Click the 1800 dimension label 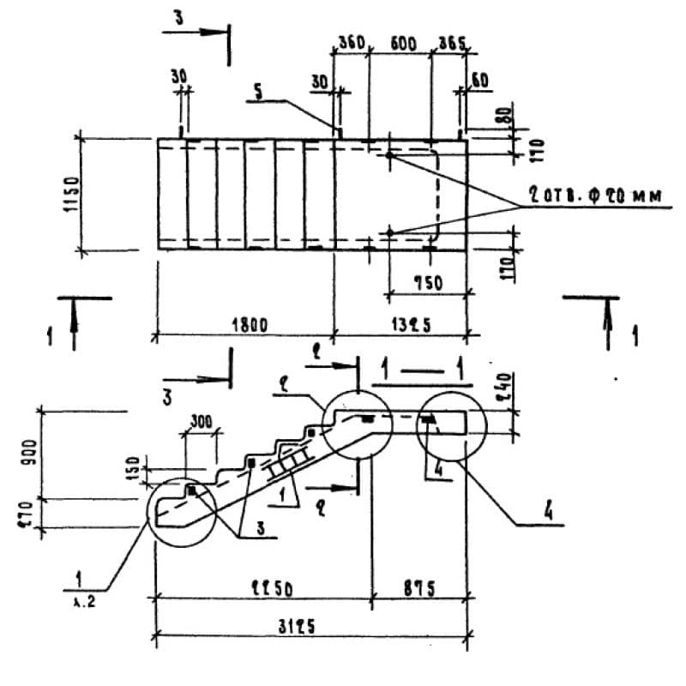click(250, 324)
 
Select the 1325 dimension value click(400, 324)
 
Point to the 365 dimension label click(449, 42)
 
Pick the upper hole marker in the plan click(389, 156)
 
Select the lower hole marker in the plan click(389, 232)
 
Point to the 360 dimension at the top click(350, 42)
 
